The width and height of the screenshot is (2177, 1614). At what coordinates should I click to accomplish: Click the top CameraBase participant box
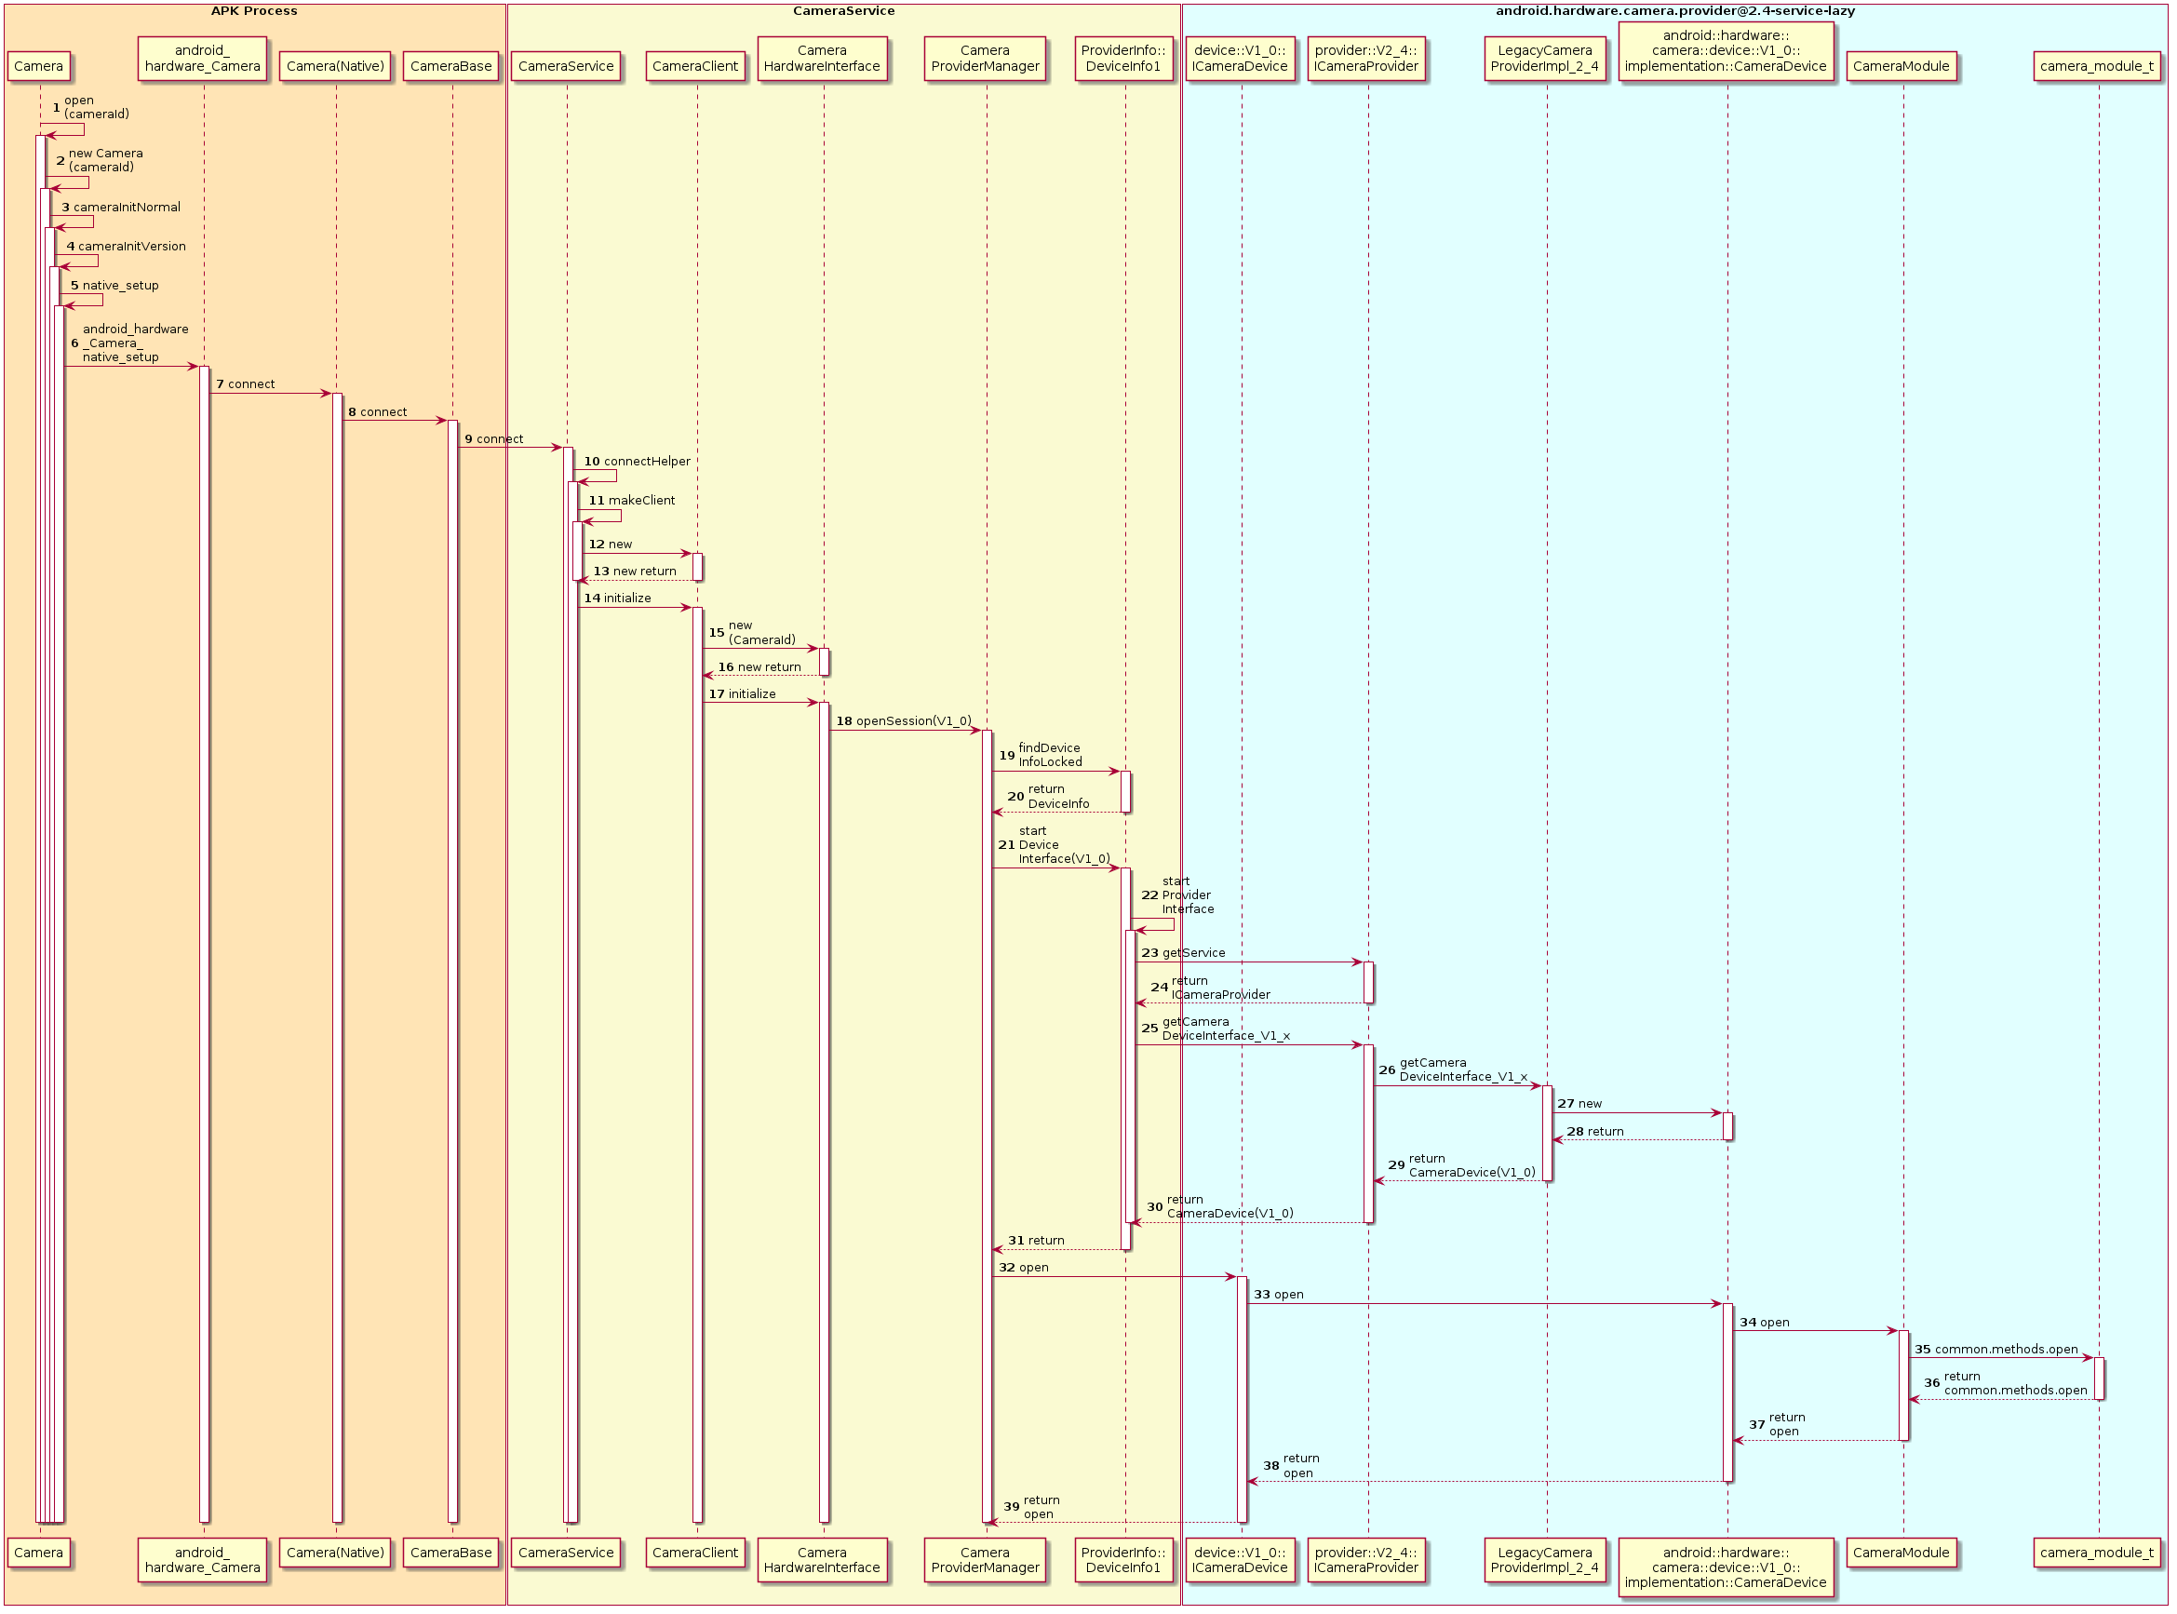451,66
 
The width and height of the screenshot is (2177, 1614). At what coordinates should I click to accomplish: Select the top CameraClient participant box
695,66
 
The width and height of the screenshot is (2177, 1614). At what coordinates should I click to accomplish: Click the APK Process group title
254,11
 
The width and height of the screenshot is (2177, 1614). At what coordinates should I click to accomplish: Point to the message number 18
844,721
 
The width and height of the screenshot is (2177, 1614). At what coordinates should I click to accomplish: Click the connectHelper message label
647,461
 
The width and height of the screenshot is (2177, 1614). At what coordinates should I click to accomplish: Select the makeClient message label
640,500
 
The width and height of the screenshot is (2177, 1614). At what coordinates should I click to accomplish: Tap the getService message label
1192,952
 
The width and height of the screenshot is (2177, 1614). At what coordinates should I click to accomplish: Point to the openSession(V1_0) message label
913,721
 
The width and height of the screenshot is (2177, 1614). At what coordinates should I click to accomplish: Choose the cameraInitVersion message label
132,247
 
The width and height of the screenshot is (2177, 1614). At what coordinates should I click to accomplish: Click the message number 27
1565,1104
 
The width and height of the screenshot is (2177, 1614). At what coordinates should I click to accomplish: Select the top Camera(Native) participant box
335,66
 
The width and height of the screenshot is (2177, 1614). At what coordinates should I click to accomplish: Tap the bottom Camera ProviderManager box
984,1559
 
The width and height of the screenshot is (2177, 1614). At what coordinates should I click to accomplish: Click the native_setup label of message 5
120,285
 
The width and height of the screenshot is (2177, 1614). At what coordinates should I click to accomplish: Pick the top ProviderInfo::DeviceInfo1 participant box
1123,59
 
